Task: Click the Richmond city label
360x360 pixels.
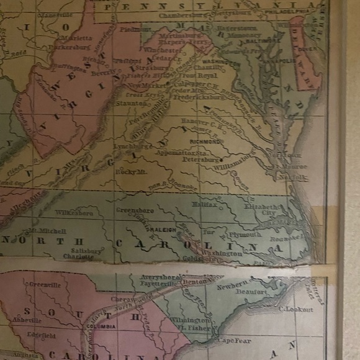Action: tap(210, 142)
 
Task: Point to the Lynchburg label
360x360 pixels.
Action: tap(133, 146)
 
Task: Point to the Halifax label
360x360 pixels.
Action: tap(205, 204)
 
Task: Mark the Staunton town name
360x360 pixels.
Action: tap(131, 104)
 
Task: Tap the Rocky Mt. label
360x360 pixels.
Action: tap(129, 171)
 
